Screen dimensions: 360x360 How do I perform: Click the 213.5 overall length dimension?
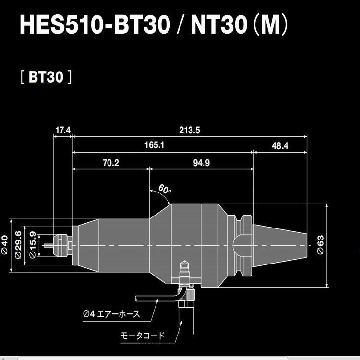190,130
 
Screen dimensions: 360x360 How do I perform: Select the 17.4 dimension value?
62,130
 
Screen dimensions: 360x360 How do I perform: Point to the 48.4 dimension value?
279,145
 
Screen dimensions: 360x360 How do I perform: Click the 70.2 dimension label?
110,163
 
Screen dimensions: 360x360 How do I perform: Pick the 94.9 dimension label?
202,163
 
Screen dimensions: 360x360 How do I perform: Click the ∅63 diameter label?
320,246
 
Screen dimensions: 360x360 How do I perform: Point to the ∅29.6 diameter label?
18,245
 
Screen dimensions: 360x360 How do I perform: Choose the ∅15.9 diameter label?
32,245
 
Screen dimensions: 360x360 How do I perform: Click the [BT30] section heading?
46,77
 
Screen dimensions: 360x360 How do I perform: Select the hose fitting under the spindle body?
183,274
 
